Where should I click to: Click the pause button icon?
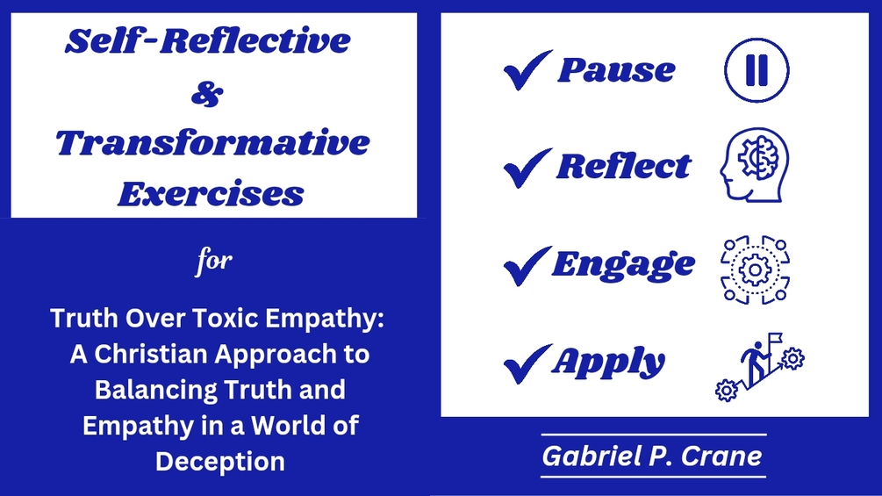click(x=756, y=70)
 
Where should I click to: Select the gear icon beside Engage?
click(x=754, y=270)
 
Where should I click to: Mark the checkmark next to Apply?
click(x=527, y=363)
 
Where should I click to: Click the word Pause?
click(x=616, y=70)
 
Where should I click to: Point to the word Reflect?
click(x=624, y=166)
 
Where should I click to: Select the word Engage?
click(x=623, y=265)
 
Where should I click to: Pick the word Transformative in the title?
click(x=212, y=142)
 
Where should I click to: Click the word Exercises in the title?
click(x=212, y=193)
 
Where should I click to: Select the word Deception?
click(x=220, y=460)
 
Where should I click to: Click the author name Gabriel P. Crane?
click(x=653, y=456)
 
